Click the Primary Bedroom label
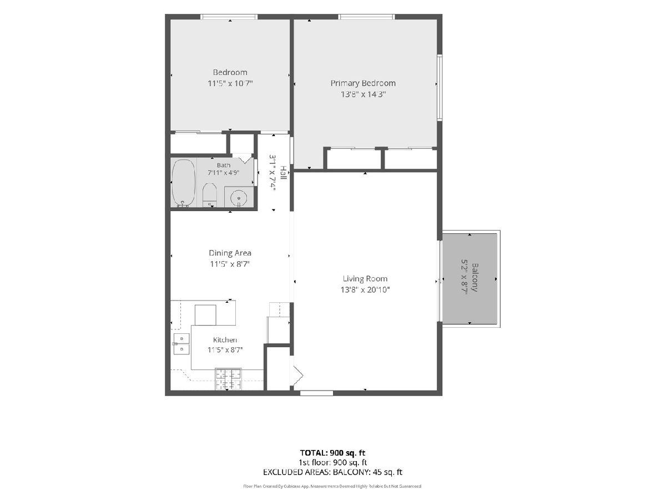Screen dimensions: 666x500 (363, 83)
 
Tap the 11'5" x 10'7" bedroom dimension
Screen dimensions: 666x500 (230, 83)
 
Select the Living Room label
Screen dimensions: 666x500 (365, 279)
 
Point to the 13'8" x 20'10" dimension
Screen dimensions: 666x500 (365, 290)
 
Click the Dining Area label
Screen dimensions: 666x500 (230, 253)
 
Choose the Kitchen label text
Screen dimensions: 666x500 (225, 339)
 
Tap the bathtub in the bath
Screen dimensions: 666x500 (184, 183)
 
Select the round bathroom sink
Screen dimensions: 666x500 (239, 198)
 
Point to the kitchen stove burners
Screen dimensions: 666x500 (229, 379)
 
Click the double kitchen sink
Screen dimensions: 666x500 (181, 344)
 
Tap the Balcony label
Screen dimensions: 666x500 (475, 277)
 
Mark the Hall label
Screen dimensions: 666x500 (283, 172)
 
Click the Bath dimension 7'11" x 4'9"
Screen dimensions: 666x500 (224, 173)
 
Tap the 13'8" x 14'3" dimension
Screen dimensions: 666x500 (363, 94)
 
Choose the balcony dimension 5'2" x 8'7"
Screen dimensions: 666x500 (464, 277)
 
